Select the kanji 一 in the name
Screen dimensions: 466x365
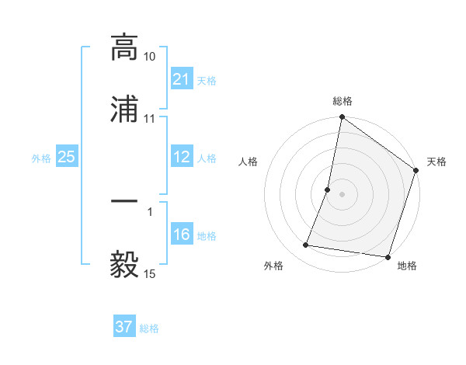(x=124, y=201)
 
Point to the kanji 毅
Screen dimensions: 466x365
(x=124, y=264)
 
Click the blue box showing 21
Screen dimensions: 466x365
(x=182, y=79)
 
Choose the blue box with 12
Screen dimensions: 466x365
(x=182, y=158)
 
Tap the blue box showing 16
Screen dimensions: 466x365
(x=182, y=235)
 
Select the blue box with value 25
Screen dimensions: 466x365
(x=67, y=158)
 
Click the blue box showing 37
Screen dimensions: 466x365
(x=124, y=327)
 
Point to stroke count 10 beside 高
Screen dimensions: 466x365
(x=150, y=57)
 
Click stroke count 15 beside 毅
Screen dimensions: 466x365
(x=150, y=274)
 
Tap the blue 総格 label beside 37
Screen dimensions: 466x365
(x=149, y=328)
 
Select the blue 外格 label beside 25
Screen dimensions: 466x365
(x=41, y=158)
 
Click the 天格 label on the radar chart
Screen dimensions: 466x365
(x=436, y=162)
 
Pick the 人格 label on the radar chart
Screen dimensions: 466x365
(x=249, y=162)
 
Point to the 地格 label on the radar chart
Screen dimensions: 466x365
(x=407, y=266)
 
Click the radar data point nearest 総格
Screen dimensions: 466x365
(x=342, y=118)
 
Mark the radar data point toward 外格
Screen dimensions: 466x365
(x=306, y=245)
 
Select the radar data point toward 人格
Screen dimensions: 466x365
(x=328, y=189)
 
